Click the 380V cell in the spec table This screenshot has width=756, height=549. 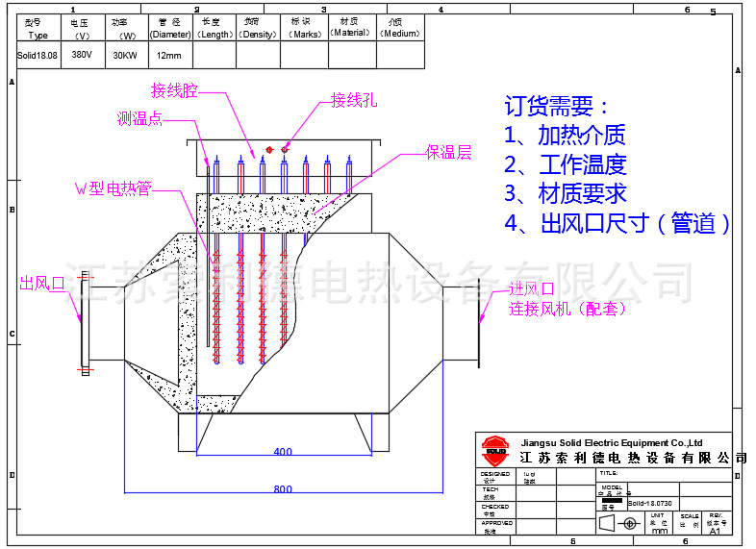pos(82,55)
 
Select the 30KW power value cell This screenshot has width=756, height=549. pos(124,55)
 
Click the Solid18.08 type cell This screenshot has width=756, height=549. pos(38,55)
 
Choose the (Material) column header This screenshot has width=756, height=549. pos(349,32)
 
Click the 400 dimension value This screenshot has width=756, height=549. pos(283,451)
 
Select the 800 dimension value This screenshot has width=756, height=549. pos(283,489)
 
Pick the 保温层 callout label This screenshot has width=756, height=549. pos(448,153)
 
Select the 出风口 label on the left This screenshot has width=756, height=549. pos(41,284)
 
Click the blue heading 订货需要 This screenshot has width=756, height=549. pos(556,106)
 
